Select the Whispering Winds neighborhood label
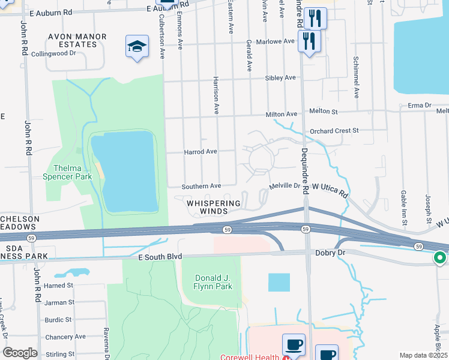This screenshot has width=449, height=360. (x=214, y=207)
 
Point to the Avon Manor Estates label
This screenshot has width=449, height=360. (x=77, y=41)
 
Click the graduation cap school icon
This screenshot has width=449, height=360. (x=137, y=47)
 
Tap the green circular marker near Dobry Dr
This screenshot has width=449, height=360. (x=439, y=258)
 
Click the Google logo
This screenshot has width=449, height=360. (x=20, y=353)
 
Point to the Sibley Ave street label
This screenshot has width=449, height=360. (x=281, y=78)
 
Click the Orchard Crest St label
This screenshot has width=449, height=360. (x=334, y=130)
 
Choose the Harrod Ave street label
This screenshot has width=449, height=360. (x=200, y=152)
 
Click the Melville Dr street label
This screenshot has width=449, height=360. (x=284, y=186)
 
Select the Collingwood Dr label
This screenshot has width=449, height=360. (x=53, y=53)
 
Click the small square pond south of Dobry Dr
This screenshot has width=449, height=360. (x=279, y=282)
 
